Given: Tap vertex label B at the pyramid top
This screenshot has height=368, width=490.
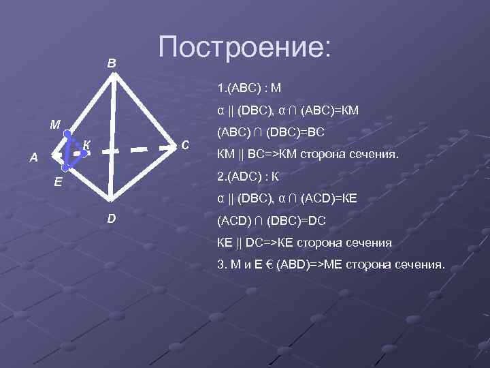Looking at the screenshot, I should (x=112, y=63).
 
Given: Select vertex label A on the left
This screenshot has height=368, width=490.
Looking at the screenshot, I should (x=33, y=157).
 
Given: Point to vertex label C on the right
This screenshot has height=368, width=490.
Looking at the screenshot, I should (x=185, y=144).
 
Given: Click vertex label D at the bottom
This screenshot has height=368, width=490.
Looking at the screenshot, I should (x=111, y=218).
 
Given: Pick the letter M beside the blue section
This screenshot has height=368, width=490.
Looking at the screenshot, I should (x=54, y=125).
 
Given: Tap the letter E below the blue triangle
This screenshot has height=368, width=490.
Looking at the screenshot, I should (x=59, y=182).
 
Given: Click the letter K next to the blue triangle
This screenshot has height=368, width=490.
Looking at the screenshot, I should (x=86, y=144).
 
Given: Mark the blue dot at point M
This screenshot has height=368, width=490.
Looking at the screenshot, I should (x=67, y=134).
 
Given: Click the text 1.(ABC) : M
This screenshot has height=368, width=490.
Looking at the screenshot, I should (x=249, y=89).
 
